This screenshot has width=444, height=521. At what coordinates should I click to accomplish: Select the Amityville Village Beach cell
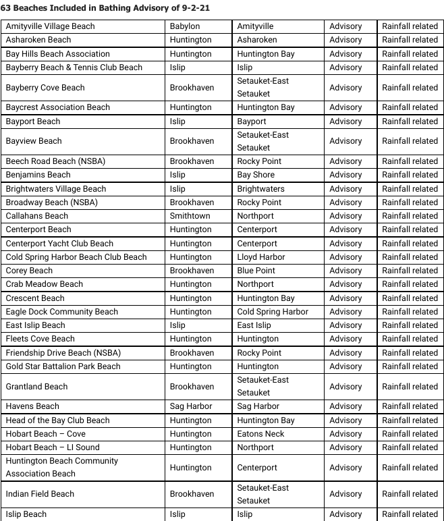click(x=51, y=26)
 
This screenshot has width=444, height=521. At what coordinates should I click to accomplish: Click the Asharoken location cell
click(x=257, y=40)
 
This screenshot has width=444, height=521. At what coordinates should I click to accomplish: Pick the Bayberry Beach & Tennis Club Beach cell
click(x=74, y=67)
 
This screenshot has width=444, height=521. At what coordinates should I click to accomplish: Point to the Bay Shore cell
click(x=256, y=175)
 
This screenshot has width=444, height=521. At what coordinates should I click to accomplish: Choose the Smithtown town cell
click(x=190, y=216)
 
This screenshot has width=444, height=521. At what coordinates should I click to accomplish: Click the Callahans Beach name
click(x=37, y=216)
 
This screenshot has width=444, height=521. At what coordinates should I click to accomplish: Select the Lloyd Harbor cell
click(x=261, y=257)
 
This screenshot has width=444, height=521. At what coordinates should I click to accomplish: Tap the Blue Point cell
click(x=256, y=271)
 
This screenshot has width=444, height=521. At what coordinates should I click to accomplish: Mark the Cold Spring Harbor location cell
click(x=273, y=312)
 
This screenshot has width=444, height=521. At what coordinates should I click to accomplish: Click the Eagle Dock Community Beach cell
click(x=62, y=312)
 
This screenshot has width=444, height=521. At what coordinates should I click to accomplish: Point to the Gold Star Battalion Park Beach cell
click(x=63, y=366)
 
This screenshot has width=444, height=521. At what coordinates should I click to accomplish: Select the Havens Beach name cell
click(x=32, y=406)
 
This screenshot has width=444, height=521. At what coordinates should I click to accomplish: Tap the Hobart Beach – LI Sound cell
click(x=53, y=447)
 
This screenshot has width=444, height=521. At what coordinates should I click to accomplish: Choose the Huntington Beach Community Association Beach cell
click(x=62, y=467)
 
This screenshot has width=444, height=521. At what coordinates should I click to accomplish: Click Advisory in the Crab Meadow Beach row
click(x=345, y=284)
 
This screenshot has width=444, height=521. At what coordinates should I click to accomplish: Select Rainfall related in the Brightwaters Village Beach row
click(x=410, y=189)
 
